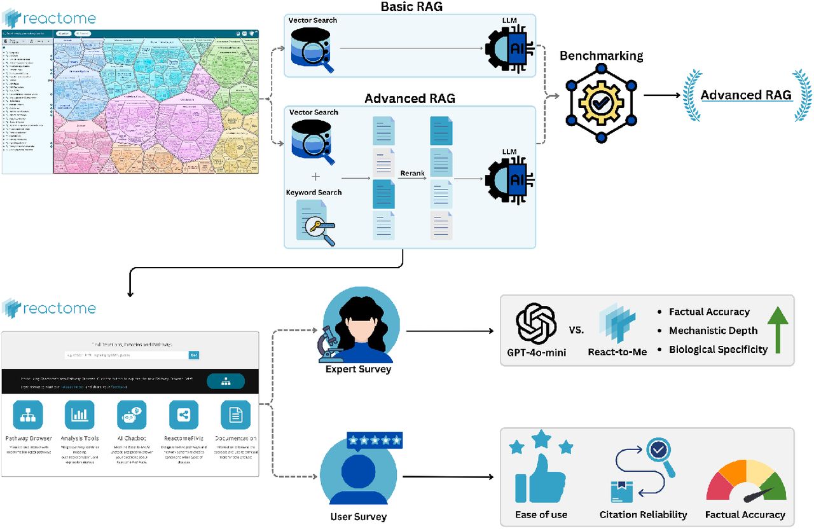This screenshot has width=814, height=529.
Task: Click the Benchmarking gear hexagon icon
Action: coord(600,102)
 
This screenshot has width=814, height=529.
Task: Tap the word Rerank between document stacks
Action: coord(412,173)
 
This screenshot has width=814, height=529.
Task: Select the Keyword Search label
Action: coord(314,192)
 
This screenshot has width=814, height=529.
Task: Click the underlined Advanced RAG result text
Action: coord(745,95)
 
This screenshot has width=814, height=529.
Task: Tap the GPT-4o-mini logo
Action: coord(536,324)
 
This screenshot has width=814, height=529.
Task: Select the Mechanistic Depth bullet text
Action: coord(713,331)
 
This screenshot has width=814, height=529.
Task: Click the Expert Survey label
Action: coord(359,369)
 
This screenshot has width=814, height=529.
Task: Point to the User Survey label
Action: coord(358,516)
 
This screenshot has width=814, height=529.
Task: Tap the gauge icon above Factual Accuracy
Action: coord(746,483)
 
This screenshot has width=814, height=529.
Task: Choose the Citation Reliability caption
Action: coord(643,514)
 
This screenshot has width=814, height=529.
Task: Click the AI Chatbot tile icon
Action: coord(132,415)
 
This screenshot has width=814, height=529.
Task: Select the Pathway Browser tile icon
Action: coord(28,415)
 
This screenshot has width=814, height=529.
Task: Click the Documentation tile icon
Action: coord(235,415)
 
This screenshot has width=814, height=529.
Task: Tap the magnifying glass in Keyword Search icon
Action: coord(317,231)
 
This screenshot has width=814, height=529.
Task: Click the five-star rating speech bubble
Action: coord(375,439)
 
